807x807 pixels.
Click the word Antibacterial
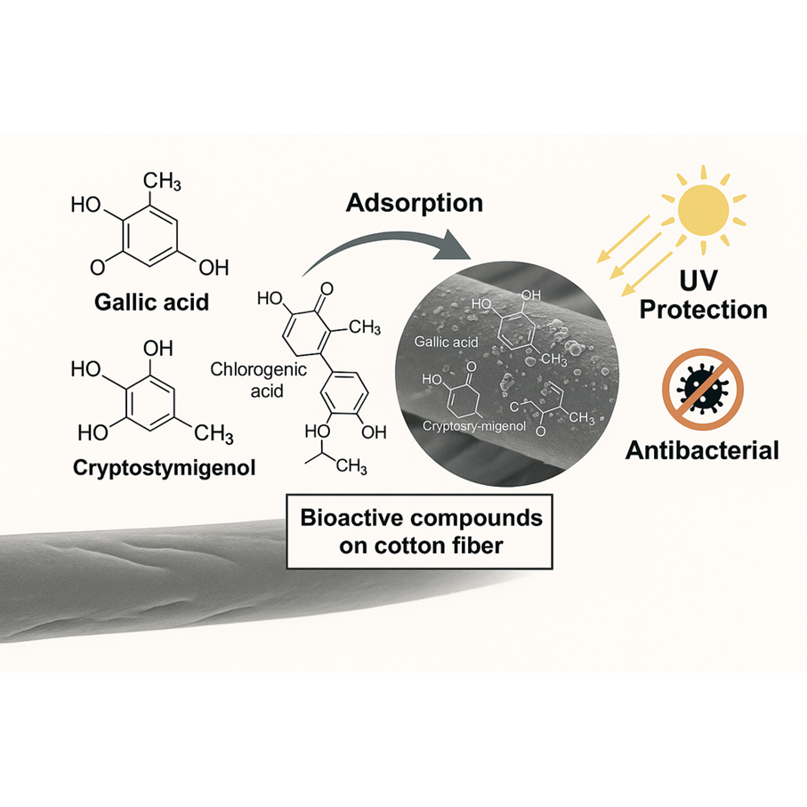click(702, 450)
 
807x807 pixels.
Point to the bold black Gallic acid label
click(152, 302)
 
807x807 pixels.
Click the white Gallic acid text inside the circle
click(448, 342)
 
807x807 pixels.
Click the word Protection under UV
click(705, 310)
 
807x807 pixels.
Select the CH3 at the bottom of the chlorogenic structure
click(351, 464)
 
